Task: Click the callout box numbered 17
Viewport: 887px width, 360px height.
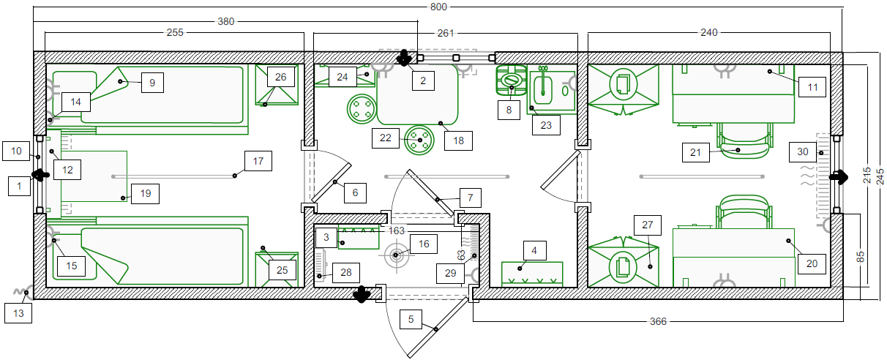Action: click(258, 161)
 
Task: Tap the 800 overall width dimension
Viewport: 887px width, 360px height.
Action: click(438, 7)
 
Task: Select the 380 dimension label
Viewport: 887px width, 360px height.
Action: click(225, 21)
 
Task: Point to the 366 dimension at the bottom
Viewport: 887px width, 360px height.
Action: click(658, 321)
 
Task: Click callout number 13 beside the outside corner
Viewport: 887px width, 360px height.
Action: click(18, 313)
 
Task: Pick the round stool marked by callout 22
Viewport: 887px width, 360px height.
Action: click(419, 140)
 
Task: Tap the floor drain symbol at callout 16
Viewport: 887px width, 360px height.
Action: click(396, 255)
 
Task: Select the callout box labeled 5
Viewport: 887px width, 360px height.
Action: click(411, 319)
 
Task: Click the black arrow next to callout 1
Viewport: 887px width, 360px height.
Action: click(41, 175)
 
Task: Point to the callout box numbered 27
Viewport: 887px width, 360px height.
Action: click(648, 225)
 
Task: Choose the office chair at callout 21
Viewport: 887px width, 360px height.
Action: click(745, 140)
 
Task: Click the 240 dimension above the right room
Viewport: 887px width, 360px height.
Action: click(709, 32)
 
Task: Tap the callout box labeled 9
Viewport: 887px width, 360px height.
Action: click(152, 83)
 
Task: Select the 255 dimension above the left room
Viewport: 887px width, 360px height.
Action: click(175, 32)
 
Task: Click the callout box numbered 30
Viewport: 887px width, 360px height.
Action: click(803, 151)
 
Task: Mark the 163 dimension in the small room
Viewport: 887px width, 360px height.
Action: click(397, 230)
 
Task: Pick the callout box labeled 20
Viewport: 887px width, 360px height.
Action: click(812, 263)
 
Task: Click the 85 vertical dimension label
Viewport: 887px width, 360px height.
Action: click(860, 256)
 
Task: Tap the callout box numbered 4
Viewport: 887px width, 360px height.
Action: click(534, 250)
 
